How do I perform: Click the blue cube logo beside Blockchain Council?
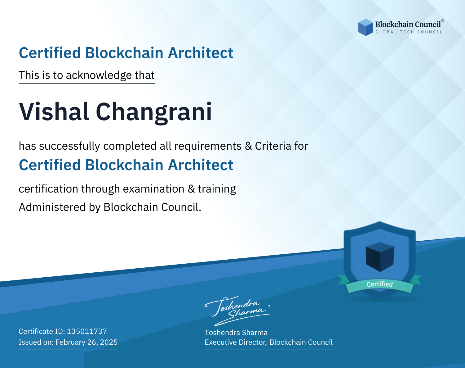tap(365, 27)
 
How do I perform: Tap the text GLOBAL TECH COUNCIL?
tap(409, 32)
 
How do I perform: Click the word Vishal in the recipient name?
tap(54, 112)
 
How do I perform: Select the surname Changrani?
tap(154, 112)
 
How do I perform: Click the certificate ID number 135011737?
tap(87, 331)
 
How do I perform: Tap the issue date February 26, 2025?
tap(86, 342)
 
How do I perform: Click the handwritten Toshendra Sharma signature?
tap(239, 311)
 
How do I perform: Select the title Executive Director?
tap(235, 342)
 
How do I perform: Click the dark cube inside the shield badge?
tap(380, 257)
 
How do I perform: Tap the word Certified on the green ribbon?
tap(380, 284)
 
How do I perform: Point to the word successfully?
tap(69, 146)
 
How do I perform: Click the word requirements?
tap(208, 146)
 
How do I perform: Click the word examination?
tap(154, 189)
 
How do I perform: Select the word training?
tap(217, 189)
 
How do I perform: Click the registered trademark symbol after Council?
tap(443, 20)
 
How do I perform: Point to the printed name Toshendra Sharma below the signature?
tap(236, 333)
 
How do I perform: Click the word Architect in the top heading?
tap(201, 53)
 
